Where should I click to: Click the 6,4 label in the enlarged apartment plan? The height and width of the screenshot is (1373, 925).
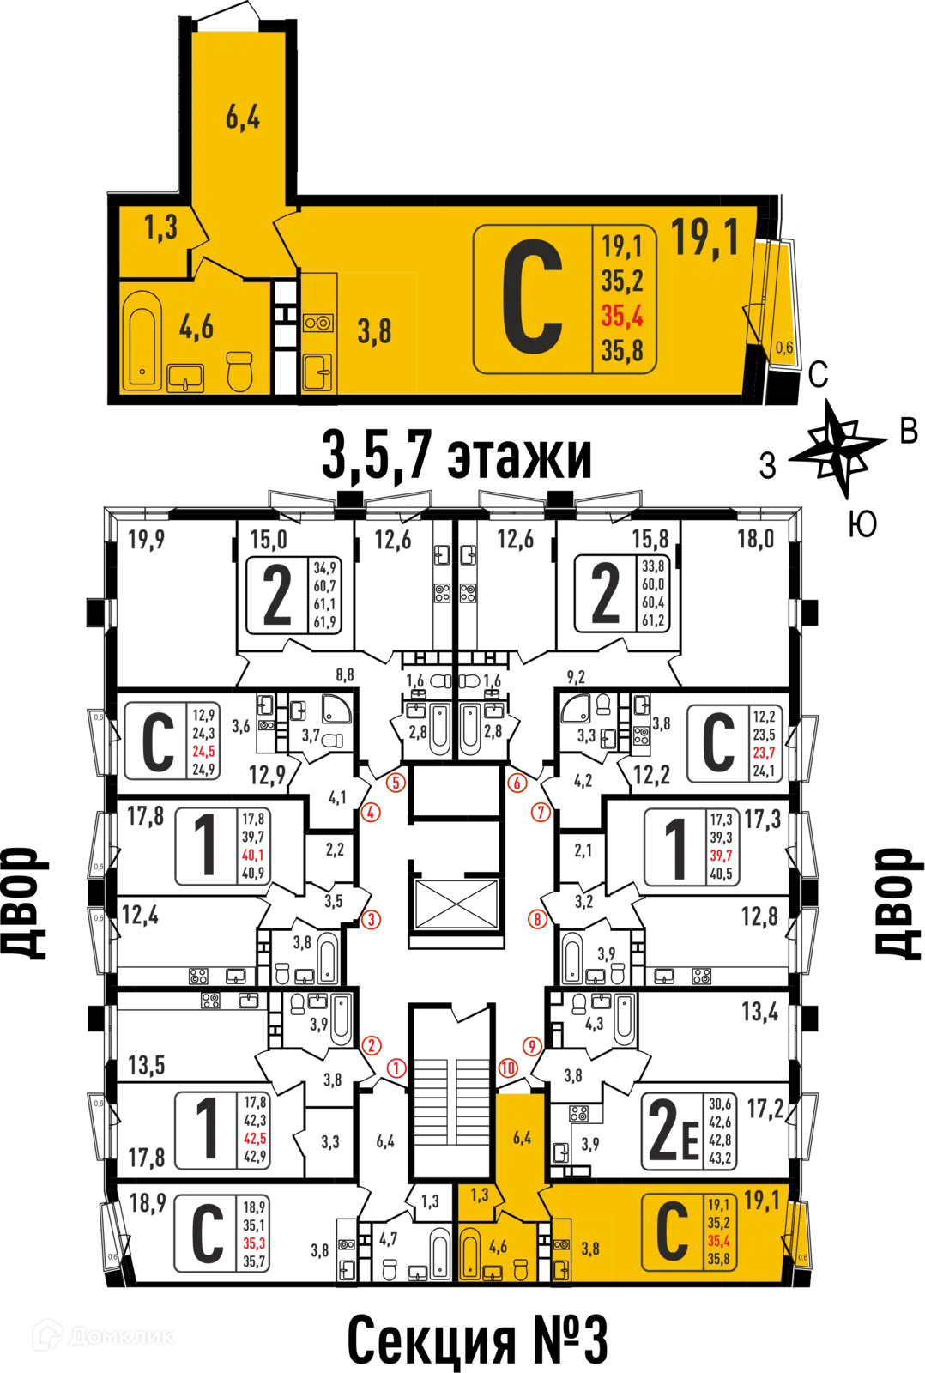pos(242,117)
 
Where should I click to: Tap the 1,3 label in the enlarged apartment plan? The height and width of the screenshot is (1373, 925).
pos(160,227)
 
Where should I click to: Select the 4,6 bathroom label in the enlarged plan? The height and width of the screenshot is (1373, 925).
pos(196,327)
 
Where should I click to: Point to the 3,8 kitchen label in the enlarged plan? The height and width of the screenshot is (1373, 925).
pos(374,330)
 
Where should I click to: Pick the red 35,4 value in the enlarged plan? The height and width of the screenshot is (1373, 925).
pos(622,316)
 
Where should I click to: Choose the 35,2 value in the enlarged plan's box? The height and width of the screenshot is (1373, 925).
pos(622,281)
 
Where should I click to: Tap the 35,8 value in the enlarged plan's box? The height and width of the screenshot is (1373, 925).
pos(622,350)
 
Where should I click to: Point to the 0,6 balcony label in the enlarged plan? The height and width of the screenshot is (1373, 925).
pos(783,348)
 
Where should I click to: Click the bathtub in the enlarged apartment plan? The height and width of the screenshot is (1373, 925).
pos(142,341)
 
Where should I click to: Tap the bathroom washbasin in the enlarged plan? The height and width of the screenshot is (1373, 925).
pos(185,378)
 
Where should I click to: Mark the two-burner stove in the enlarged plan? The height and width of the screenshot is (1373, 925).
pos(317,323)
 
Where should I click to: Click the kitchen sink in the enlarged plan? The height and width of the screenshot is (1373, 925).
pos(317,372)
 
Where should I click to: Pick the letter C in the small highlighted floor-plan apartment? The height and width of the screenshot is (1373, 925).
pos(672,1231)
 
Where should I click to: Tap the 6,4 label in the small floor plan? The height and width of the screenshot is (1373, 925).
pos(522,1138)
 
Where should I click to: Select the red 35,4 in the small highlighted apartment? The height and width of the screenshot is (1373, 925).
pos(719,1241)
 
